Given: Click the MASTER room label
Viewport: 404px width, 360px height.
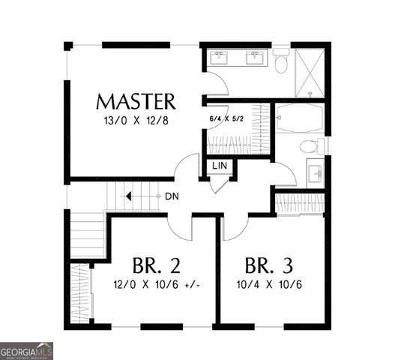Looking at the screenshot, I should (x=136, y=101).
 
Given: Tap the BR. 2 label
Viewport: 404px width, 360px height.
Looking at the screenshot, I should (x=156, y=265).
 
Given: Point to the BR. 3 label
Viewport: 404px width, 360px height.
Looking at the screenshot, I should (x=268, y=265).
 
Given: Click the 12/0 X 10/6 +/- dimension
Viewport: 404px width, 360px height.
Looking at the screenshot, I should (x=160, y=285).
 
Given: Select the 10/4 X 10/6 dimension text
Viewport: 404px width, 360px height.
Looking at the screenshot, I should (x=268, y=285).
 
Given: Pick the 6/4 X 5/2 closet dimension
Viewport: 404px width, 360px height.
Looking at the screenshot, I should (x=227, y=117).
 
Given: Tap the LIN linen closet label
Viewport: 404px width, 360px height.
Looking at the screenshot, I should (x=220, y=165).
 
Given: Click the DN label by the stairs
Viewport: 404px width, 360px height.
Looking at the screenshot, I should (x=171, y=196).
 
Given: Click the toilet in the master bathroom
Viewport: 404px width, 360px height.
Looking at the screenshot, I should (x=281, y=61).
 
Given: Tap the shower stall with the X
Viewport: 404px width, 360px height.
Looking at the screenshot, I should (x=309, y=72).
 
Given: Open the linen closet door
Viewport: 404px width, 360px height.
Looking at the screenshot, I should (x=217, y=184).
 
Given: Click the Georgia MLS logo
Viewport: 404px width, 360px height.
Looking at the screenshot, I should (x=27, y=351).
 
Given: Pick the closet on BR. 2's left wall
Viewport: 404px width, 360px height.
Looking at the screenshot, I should (x=79, y=291).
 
